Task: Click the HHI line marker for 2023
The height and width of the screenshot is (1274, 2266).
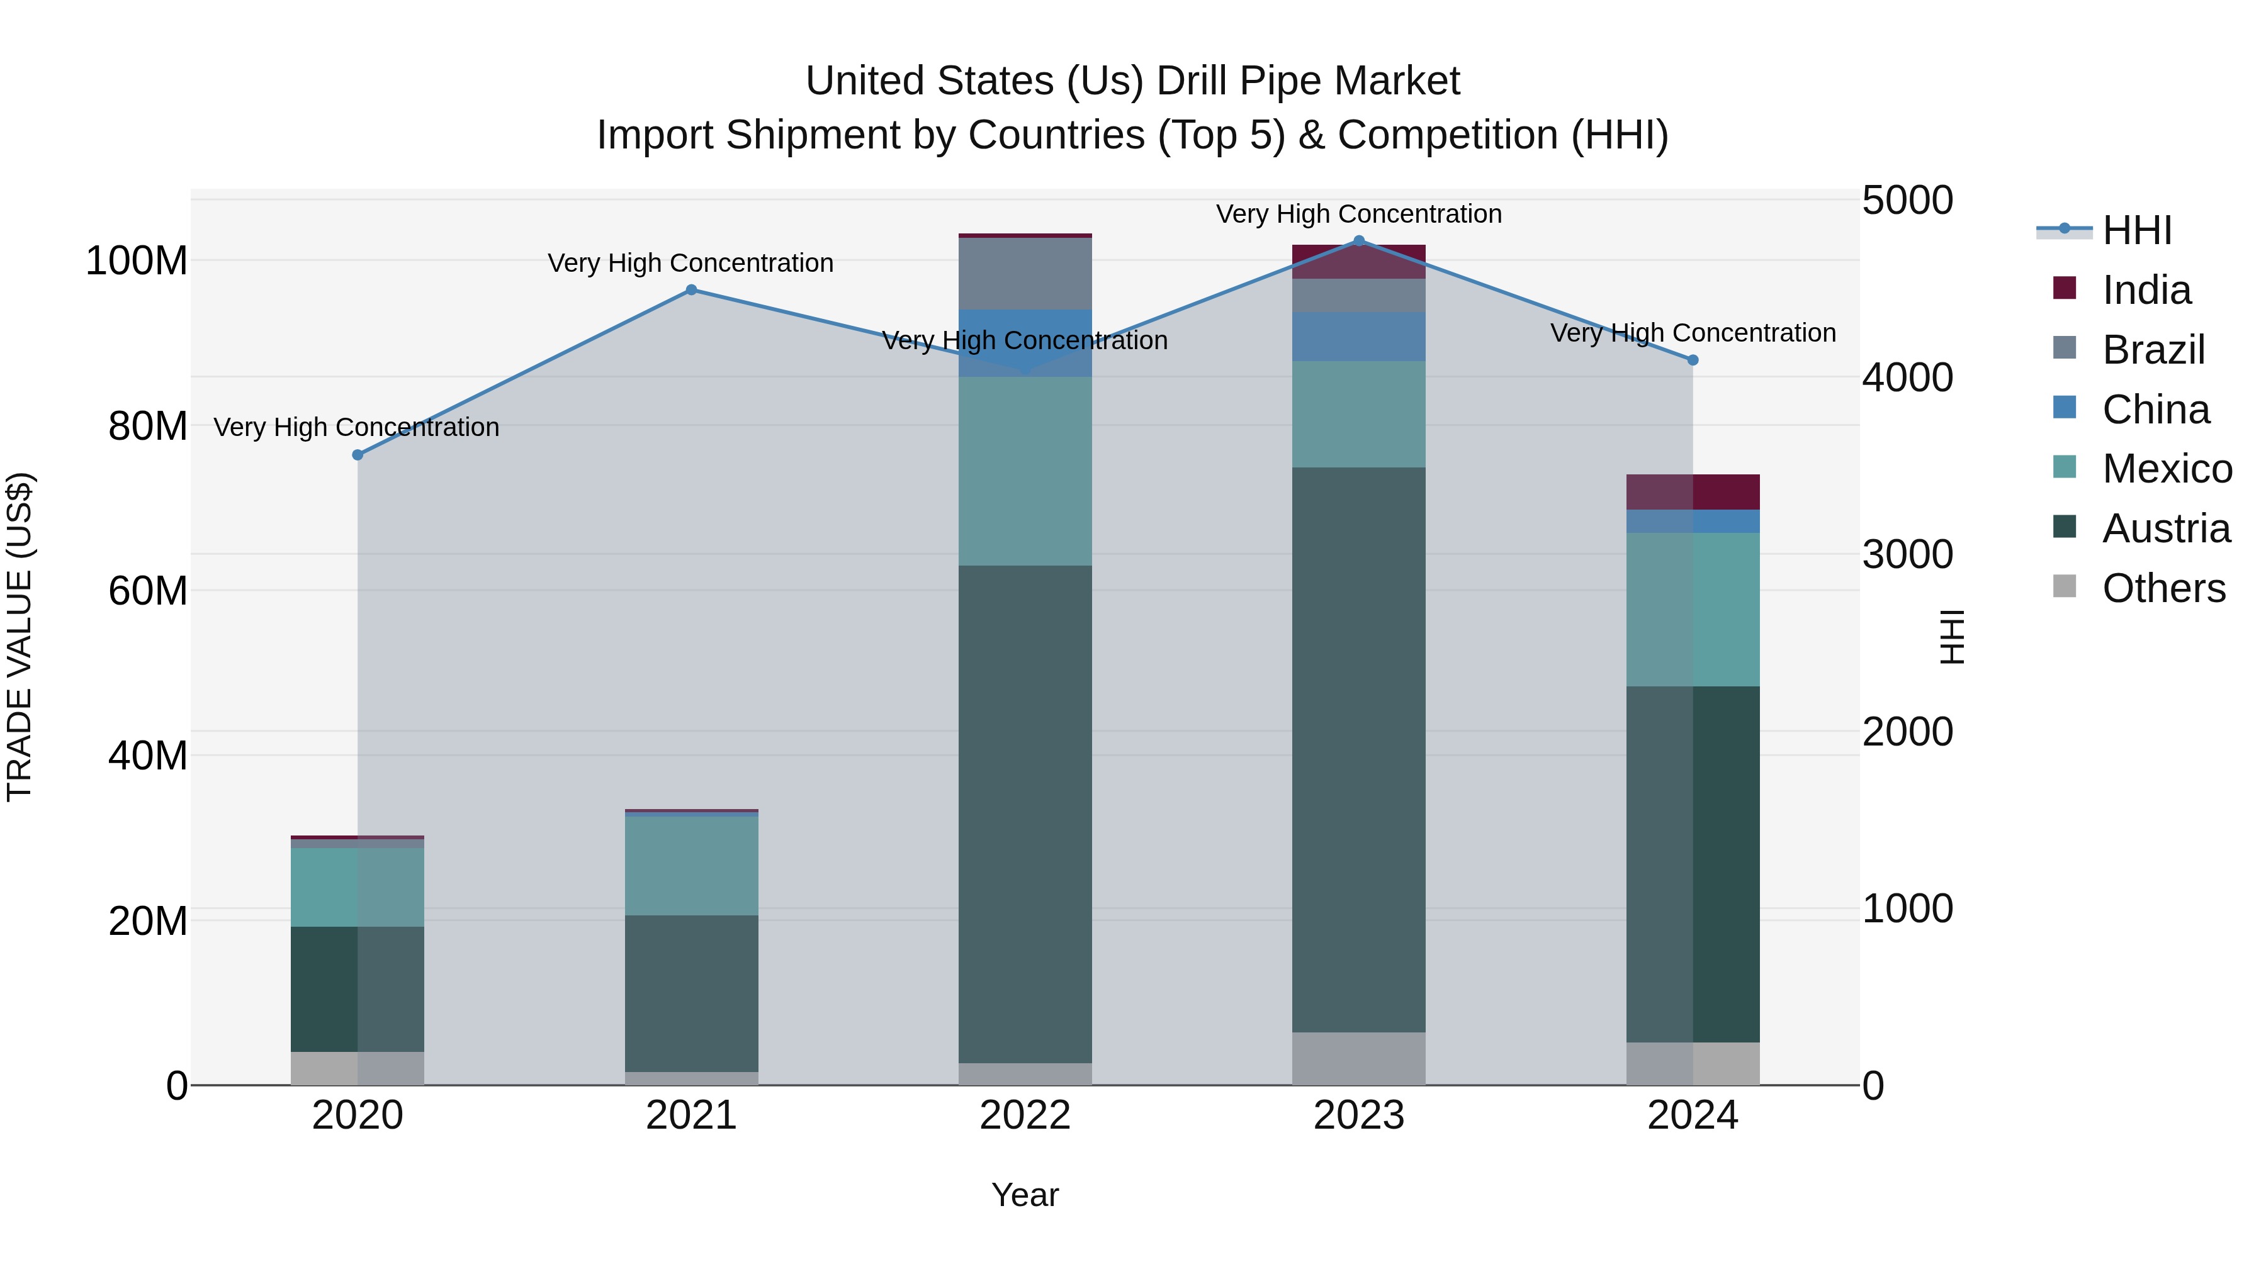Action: click(x=1358, y=241)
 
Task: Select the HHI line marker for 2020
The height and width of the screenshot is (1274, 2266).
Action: click(x=357, y=455)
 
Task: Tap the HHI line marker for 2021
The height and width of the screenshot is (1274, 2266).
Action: click(x=691, y=290)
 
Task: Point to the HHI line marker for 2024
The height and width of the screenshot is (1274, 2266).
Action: click(x=1693, y=360)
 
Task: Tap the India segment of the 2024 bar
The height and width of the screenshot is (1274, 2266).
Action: click(x=1693, y=491)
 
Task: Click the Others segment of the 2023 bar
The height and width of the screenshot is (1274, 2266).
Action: click(x=1358, y=1059)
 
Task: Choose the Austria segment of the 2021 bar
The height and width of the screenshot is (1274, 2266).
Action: click(x=691, y=993)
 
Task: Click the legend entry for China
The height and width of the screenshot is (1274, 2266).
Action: click(x=2155, y=410)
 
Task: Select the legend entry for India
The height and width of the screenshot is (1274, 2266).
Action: click(x=2146, y=290)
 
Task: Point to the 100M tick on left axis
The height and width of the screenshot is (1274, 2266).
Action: click(x=137, y=261)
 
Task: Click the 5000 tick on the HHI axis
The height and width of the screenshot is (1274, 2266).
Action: click(x=1907, y=201)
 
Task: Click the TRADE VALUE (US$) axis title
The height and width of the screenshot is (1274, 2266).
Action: click(x=20, y=637)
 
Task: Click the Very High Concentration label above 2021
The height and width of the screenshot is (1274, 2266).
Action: click(x=691, y=263)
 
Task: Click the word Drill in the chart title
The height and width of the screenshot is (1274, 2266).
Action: click(x=1192, y=81)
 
